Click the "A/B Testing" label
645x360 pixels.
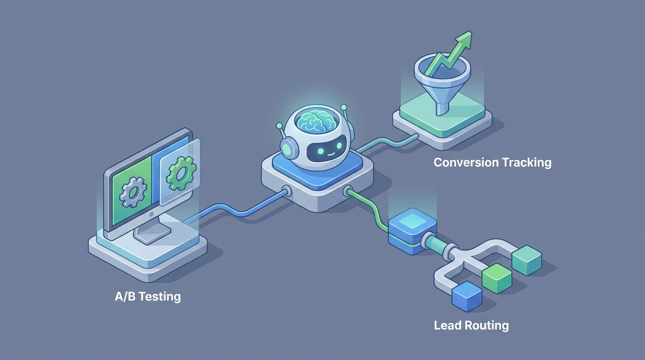coord(148,297)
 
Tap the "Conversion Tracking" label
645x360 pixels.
coord(492,163)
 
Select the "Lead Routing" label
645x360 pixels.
coord(471,325)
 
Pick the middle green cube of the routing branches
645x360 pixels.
coord(497,278)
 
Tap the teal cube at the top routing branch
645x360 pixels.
coord(526,260)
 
